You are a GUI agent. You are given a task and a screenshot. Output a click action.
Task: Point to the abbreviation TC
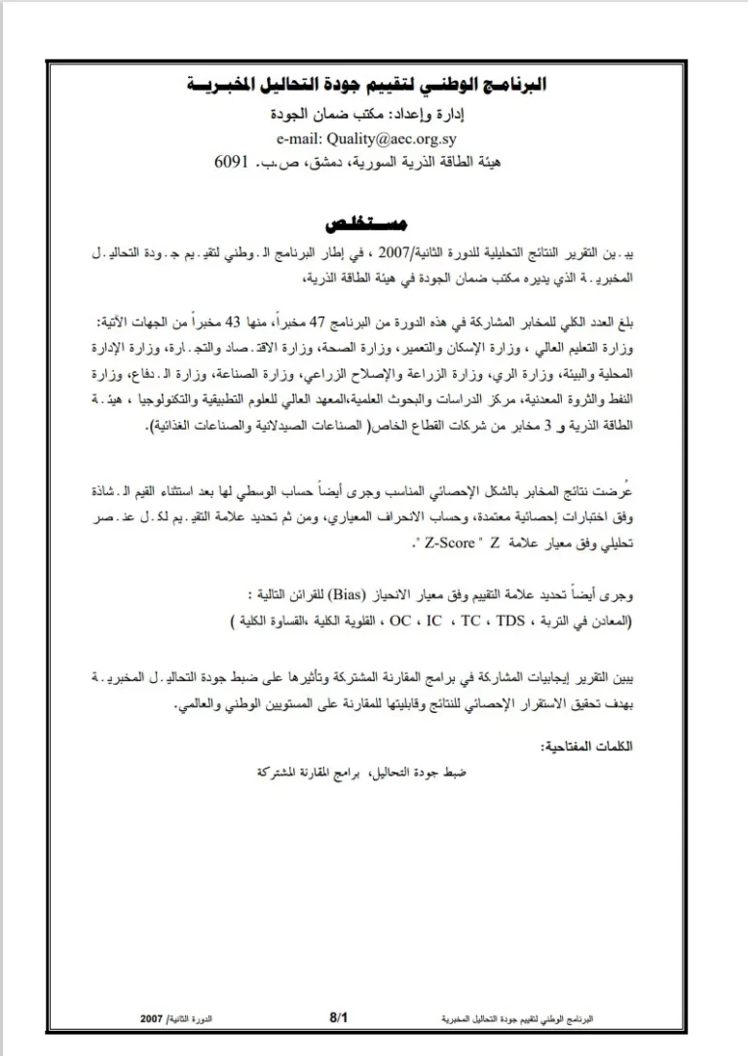coord(471,619)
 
